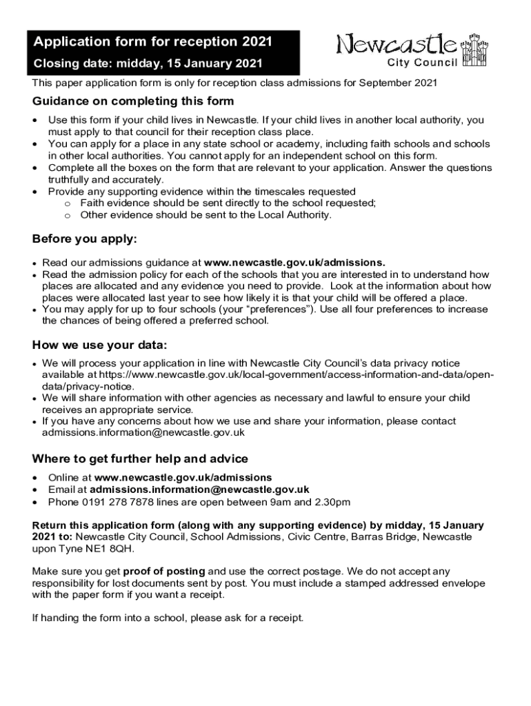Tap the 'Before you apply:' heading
tap(85, 239)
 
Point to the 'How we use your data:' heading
tap(100, 345)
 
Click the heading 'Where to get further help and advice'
tap(140, 459)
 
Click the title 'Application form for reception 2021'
tap(153, 42)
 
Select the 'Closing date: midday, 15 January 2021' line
tap(148, 65)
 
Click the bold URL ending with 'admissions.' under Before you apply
tap(295, 263)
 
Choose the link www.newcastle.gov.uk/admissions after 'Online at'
tap(183, 478)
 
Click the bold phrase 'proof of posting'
tap(164, 571)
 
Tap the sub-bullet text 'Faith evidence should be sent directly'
tap(228, 203)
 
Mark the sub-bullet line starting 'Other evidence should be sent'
tap(206, 215)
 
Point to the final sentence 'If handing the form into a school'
tap(168, 618)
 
